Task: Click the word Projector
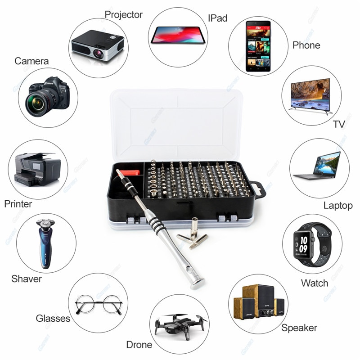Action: [x=123, y=14]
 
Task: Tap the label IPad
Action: [x=217, y=18]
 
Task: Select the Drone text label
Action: [x=139, y=345]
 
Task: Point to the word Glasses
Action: [x=53, y=318]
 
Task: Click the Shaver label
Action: [x=27, y=279]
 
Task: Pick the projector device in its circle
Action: [x=98, y=45]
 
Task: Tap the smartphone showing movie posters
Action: [x=258, y=46]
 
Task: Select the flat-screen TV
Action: [x=310, y=94]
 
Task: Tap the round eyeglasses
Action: [x=99, y=305]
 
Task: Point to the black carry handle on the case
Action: [x=259, y=189]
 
